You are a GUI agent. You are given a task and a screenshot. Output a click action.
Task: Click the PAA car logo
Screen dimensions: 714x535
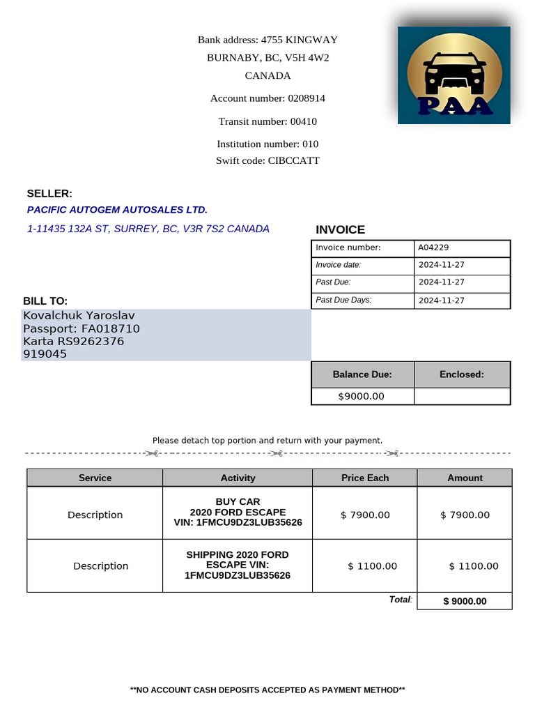click(453, 75)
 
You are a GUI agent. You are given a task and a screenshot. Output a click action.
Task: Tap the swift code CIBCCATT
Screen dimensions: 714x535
click(294, 160)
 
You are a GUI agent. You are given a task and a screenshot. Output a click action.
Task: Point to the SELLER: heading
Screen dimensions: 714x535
click(49, 194)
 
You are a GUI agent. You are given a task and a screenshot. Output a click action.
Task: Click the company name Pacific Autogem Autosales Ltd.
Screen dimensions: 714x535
click(117, 210)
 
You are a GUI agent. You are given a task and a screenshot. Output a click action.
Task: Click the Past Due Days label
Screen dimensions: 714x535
click(343, 300)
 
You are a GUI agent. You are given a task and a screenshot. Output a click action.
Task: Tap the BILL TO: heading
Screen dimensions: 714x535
click(45, 301)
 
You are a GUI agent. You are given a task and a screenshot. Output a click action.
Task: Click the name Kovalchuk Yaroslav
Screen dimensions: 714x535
click(79, 316)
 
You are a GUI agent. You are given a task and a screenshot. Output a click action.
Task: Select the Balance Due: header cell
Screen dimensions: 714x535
click(362, 374)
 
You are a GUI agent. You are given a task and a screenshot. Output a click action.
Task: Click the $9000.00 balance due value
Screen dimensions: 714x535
click(361, 396)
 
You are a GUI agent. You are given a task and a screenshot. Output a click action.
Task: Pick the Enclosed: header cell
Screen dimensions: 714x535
click(461, 374)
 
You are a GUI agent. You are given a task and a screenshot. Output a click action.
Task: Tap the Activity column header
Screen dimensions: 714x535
click(238, 478)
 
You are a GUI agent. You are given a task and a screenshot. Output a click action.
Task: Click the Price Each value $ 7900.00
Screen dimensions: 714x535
click(365, 515)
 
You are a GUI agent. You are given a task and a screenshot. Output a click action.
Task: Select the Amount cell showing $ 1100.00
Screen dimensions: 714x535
click(474, 565)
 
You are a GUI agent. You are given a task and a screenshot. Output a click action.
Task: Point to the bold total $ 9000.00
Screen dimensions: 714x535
click(465, 601)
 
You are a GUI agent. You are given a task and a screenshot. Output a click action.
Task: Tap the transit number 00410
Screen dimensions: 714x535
click(303, 121)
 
